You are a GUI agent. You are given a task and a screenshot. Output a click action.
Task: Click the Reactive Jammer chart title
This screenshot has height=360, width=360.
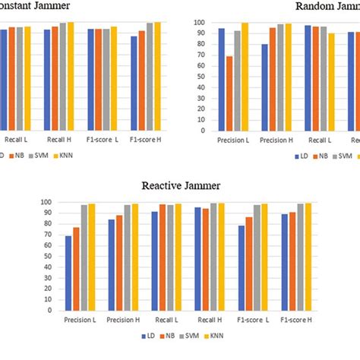[x=180, y=184]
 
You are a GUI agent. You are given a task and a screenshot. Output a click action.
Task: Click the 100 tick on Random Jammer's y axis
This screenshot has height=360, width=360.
[x=198, y=23]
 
